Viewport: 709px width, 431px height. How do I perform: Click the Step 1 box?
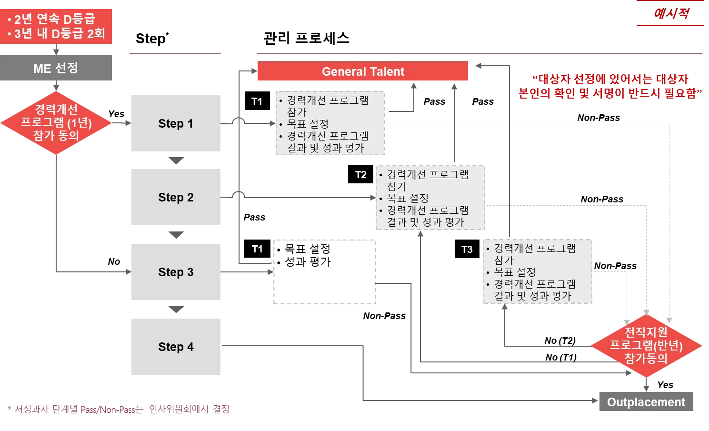[175, 122]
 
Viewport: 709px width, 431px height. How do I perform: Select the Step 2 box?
[175, 198]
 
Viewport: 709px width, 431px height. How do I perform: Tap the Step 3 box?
[175, 272]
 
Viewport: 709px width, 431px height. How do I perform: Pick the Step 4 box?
[175, 347]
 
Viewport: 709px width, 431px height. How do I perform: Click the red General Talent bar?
[362, 72]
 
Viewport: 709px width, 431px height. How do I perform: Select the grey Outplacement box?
[645, 401]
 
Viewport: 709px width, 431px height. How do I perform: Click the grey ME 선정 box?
[57, 69]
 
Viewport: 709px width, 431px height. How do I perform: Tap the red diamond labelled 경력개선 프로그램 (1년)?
[56, 123]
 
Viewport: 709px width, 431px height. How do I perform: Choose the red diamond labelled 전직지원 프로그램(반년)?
[646, 345]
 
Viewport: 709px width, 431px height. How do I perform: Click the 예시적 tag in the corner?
[670, 13]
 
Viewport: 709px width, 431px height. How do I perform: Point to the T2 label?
[361, 175]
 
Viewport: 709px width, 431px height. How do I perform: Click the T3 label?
[467, 250]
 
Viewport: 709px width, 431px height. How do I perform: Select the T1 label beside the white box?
[257, 249]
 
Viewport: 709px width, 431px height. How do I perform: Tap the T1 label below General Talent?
[257, 101]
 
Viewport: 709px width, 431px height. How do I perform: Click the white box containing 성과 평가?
[324, 271]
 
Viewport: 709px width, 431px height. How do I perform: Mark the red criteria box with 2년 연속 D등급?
[57, 27]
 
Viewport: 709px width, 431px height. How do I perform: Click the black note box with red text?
[611, 87]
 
